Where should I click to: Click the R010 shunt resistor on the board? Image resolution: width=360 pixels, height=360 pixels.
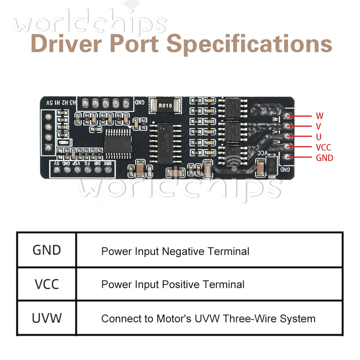coord(166,105)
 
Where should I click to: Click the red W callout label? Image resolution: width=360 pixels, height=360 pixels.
coord(319,116)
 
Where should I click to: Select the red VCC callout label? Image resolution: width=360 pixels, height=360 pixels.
coord(323,147)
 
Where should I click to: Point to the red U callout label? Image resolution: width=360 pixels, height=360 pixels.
coord(319,137)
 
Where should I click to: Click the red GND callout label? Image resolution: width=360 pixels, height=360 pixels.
coord(324,158)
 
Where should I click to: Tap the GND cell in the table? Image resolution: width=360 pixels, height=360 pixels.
coord(47,250)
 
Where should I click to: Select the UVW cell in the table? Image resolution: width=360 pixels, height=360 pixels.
coord(47,318)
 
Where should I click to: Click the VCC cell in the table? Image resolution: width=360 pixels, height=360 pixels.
coord(47,284)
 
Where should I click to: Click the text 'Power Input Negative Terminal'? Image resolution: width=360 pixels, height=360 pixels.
coord(175,251)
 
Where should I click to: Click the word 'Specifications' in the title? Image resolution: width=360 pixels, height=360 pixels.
coord(249,44)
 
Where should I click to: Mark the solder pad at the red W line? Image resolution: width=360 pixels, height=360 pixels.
coord(288,116)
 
